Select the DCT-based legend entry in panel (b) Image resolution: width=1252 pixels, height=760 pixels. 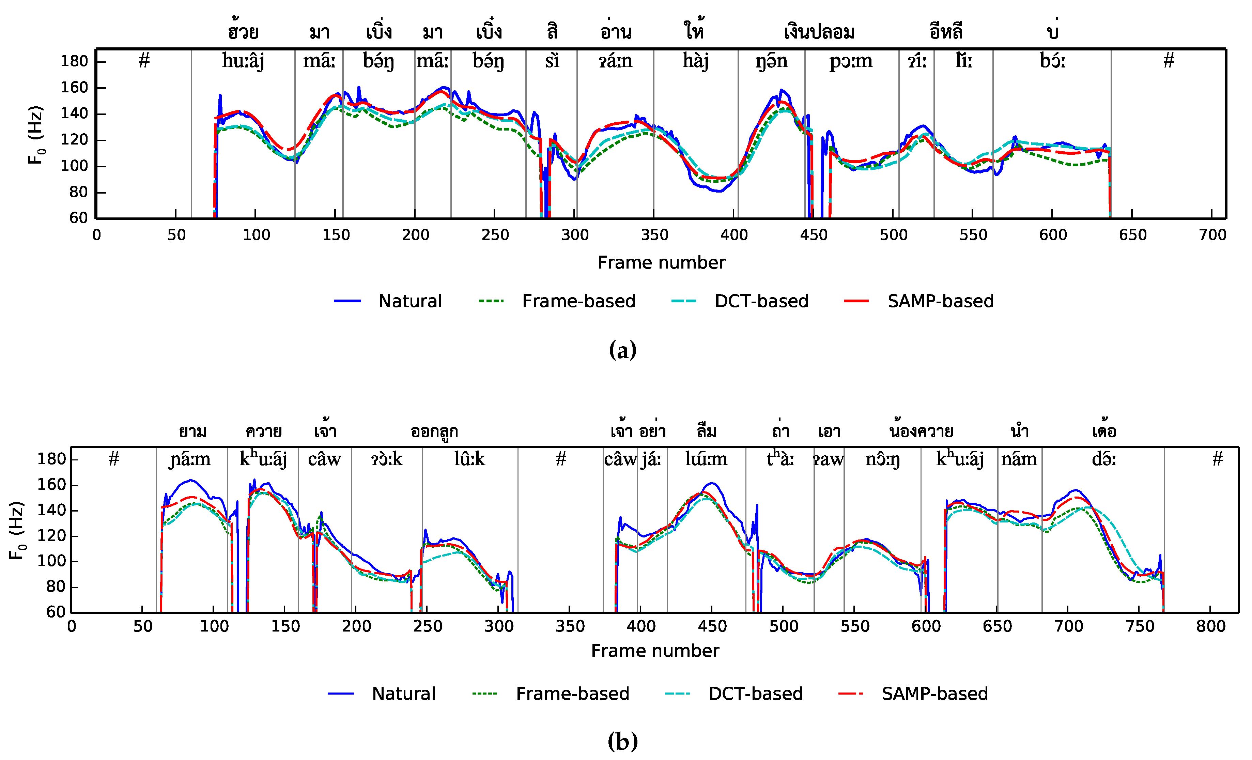(x=755, y=694)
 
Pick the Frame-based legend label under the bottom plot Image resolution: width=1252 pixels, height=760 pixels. (x=572, y=694)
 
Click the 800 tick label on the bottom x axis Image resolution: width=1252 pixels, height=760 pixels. (x=1210, y=626)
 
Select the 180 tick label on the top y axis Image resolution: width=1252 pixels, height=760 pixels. (x=74, y=61)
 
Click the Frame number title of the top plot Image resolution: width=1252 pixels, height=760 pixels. (x=661, y=262)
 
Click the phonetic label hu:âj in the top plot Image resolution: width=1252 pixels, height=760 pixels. (x=243, y=61)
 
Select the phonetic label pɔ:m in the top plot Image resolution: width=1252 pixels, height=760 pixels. (x=851, y=61)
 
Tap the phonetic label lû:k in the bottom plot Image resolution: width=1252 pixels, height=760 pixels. (x=469, y=459)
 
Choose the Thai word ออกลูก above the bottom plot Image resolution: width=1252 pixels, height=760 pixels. (x=434, y=431)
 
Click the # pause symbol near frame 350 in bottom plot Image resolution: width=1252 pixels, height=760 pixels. (x=560, y=459)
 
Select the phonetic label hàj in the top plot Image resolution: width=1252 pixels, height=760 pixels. (x=695, y=61)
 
